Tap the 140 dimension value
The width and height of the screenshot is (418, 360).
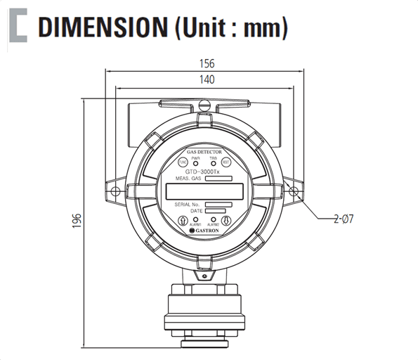click(x=206, y=80)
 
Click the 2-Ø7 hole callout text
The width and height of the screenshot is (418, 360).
click(x=344, y=219)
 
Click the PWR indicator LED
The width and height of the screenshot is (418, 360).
click(x=195, y=163)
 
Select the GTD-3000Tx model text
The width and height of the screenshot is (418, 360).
click(x=204, y=172)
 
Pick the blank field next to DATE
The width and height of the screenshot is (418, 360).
click(x=218, y=210)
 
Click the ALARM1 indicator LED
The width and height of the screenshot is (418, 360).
click(x=196, y=219)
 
